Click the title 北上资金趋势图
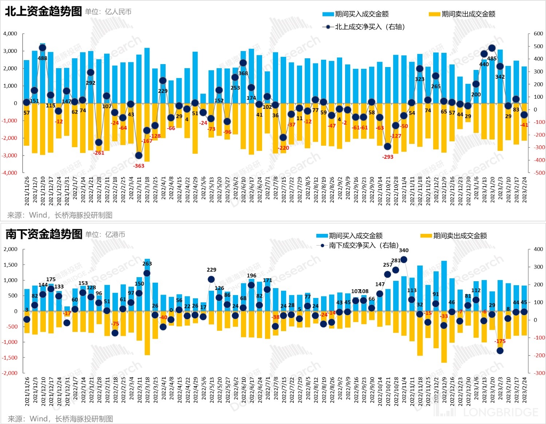(43, 11)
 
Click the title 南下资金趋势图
(44, 234)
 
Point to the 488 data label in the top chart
(43, 58)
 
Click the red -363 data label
(139, 166)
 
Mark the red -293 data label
(388, 157)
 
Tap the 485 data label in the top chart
(492, 59)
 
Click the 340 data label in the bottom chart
(404, 250)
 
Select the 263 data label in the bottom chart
(147, 264)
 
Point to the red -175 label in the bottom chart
(500, 341)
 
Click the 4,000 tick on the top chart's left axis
(10, 34)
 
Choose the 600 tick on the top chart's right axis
(538, 34)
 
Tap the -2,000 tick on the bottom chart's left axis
(10, 373)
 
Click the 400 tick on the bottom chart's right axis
(538, 249)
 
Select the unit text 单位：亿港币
(105, 235)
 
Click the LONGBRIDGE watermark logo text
(500, 412)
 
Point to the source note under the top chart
(60, 215)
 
